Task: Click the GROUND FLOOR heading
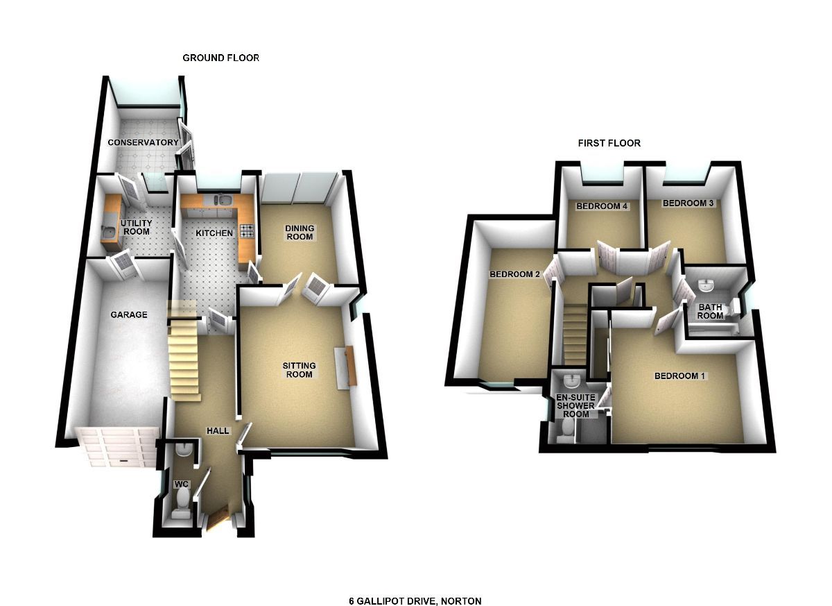(220, 58)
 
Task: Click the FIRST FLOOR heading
(609, 143)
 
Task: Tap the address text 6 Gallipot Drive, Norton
(415, 600)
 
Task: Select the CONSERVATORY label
(143, 142)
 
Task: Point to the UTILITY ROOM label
(136, 227)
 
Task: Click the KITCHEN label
(214, 233)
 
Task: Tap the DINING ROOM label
(300, 233)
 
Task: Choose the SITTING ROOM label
(299, 370)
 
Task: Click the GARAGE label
(129, 314)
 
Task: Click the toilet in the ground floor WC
(182, 499)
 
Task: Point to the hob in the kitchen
(247, 230)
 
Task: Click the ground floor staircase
(184, 354)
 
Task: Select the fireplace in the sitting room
(347, 366)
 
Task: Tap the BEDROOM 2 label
(514, 274)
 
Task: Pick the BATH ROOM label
(710, 311)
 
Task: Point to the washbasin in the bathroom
(706, 285)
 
